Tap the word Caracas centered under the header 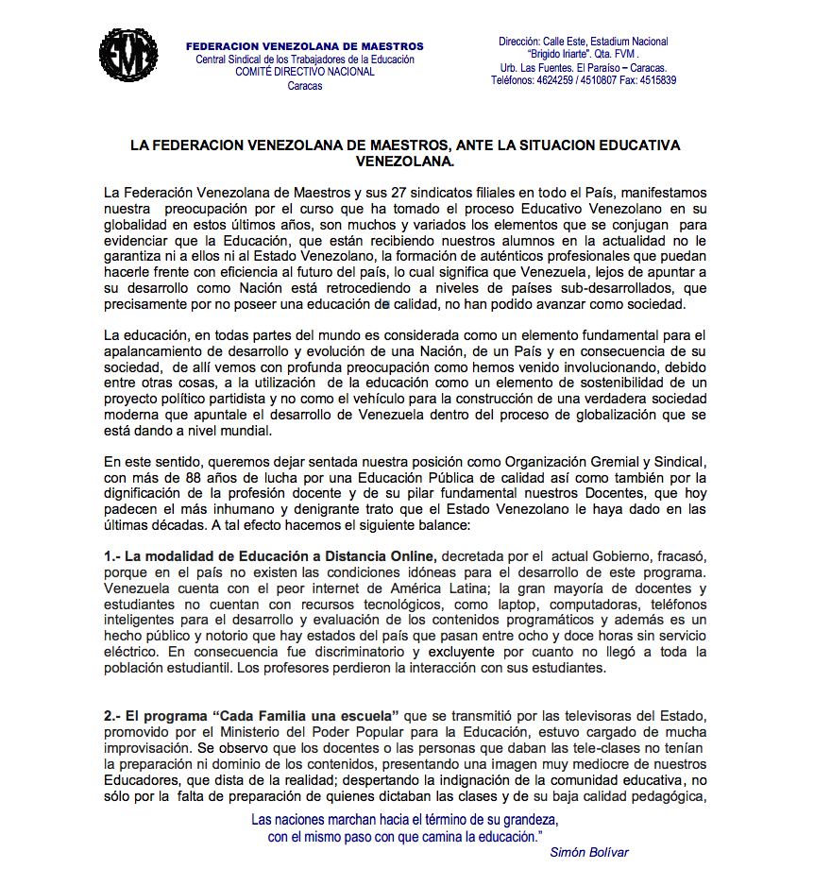pos(305,86)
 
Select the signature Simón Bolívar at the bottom pos(588,852)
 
